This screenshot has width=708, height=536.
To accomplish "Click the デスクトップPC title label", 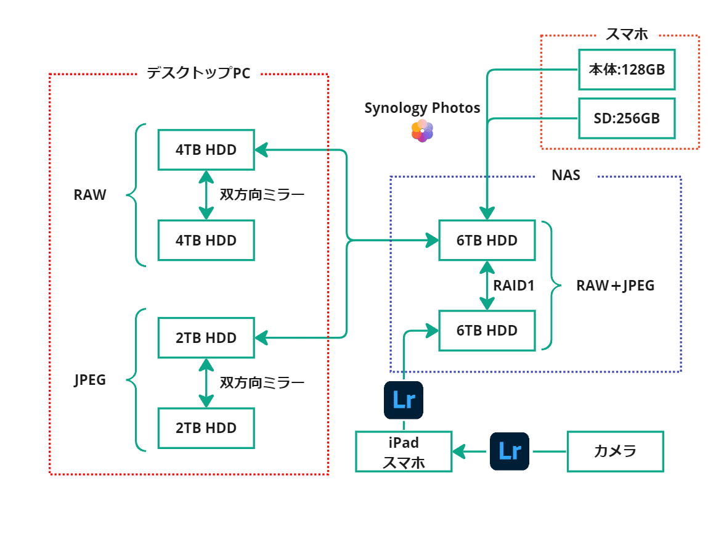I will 198,73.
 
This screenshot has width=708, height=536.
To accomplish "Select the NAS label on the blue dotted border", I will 566,176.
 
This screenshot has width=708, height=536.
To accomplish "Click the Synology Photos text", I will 422,109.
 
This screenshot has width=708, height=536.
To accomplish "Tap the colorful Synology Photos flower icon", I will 422,131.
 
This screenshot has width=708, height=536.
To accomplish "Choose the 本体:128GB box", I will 627,69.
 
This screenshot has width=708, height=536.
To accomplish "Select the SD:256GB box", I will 627,118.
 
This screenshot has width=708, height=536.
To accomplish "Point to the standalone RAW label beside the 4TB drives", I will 90,196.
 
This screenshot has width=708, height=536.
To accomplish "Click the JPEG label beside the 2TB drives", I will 90,380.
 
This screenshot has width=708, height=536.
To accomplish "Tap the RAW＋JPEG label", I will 615,286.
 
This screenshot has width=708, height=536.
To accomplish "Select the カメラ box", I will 615,451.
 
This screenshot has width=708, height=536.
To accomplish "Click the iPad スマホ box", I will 404,451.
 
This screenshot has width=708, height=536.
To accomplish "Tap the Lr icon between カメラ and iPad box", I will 510,451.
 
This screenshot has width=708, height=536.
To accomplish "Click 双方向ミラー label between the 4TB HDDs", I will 262,196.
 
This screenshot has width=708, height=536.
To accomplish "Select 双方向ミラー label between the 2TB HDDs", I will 262,383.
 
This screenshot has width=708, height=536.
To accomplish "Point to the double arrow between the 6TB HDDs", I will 487,286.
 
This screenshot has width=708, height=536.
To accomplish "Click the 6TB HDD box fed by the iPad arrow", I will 487,331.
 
